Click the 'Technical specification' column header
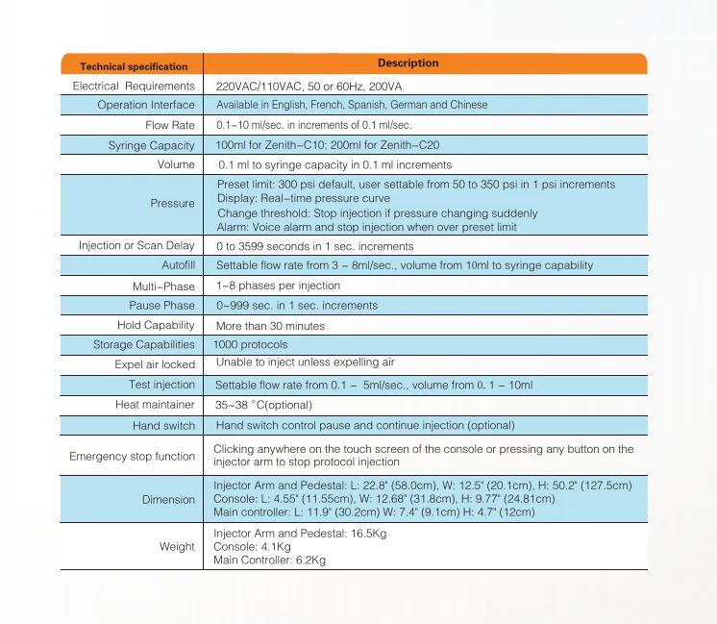pyautogui.click(x=134, y=66)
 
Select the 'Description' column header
pyautogui.click(x=408, y=63)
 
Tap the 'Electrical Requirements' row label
pyautogui.click(x=134, y=86)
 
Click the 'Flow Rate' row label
pyautogui.click(x=169, y=125)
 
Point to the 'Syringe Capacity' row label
pyautogui.click(x=151, y=145)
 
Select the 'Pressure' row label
pyautogui.click(x=172, y=204)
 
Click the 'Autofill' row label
pyautogui.click(x=178, y=264)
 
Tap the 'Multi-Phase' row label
pyautogui.click(x=163, y=287)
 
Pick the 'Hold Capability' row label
pyautogui.click(x=156, y=325)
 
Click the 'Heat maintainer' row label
pyautogui.click(x=155, y=405)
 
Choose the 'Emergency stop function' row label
pyautogui.click(x=132, y=457)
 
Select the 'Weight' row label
pyautogui.click(x=177, y=547)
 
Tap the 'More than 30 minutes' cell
pyautogui.click(x=270, y=326)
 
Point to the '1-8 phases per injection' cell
pyautogui.click(x=278, y=286)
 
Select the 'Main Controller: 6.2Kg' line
pyautogui.click(x=269, y=560)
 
